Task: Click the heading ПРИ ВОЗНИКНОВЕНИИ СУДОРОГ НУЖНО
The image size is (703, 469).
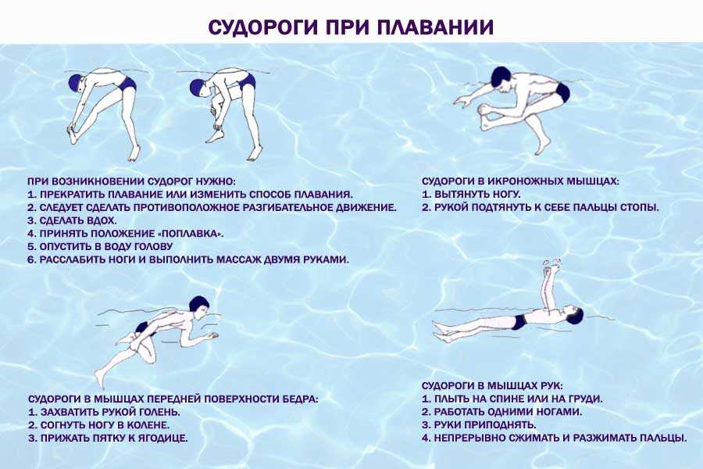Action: pyautogui.click(x=131, y=182)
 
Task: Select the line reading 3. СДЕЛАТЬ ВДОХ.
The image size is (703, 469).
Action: pyautogui.click(x=72, y=220)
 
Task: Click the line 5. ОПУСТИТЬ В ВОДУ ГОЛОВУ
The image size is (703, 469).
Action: pyautogui.click(x=100, y=247)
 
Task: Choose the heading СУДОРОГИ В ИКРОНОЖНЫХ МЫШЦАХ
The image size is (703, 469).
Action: pyautogui.click(x=520, y=182)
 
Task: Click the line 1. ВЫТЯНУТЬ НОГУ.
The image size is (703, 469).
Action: pyautogui.click(x=471, y=195)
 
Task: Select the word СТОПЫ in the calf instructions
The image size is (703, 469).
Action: pyautogui.click(x=640, y=208)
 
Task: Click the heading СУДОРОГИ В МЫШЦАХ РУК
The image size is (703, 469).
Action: pyautogui.click(x=492, y=386)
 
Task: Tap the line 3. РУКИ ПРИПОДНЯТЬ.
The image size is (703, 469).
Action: pyautogui.click(x=479, y=425)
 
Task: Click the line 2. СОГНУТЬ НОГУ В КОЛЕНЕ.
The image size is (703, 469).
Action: pyautogui.click(x=98, y=425)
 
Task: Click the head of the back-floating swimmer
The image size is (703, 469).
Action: pyautogui.click(x=573, y=314)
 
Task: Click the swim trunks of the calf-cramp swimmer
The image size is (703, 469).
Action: pyautogui.click(x=562, y=92)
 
